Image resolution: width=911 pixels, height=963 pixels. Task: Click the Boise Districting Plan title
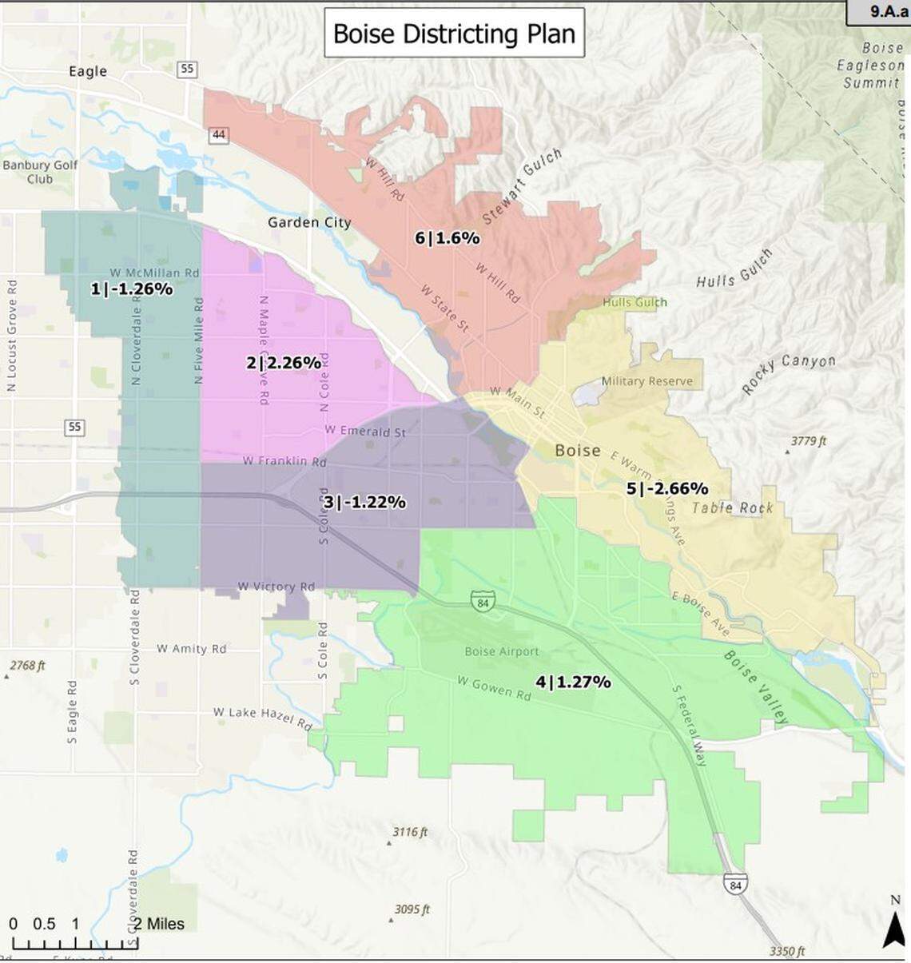click(454, 34)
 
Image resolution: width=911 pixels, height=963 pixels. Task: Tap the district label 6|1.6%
click(447, 237)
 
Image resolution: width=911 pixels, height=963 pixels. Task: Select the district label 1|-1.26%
click(131, 289)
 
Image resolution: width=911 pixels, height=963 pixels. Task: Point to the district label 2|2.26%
click(284, 363)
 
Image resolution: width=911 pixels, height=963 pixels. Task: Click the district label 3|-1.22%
click(364, 502)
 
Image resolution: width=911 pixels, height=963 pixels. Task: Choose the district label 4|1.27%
click(573, 682)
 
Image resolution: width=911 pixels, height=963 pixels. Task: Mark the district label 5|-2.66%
click(666, 488)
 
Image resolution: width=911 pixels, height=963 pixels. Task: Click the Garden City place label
click(309, 222)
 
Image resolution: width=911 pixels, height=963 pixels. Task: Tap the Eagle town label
click(88, 71)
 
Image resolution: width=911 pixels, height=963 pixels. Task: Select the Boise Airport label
click(502, 651)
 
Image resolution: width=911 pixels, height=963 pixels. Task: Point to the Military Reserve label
click(646, 381)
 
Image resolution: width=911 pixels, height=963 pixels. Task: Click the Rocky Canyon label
click(788, 372)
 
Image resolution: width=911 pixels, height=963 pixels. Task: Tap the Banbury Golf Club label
click(40, 172)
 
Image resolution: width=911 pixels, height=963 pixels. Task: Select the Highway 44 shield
click(219, 135)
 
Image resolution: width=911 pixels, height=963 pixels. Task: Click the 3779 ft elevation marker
click(808, 441)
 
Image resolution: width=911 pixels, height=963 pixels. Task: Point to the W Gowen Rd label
click(494, 687)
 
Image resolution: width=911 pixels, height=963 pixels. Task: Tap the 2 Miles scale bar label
click(158, 924)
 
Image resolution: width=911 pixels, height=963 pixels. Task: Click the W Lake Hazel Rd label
click(262, 718)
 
